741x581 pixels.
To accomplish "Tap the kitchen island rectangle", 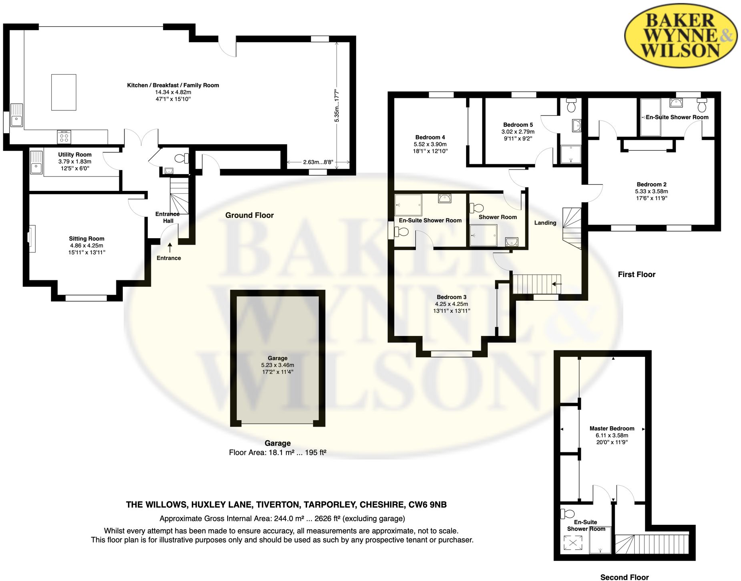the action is [64, 92].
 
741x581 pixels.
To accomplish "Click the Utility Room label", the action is [75, 154].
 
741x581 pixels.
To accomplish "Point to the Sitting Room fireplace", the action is [31, 239].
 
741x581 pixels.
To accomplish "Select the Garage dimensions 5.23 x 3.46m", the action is [278, 365].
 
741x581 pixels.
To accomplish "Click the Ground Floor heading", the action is [249, 215].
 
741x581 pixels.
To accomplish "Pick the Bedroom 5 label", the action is [518, 125].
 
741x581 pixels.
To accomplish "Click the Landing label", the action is [545, 223].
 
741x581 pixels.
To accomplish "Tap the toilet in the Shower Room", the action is [477, 208].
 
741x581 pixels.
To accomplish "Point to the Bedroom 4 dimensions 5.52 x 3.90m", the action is [430, 144].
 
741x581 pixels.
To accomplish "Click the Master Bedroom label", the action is [612, 428].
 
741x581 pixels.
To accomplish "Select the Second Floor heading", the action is [624, 577].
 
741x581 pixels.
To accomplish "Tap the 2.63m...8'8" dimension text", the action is [318, 162].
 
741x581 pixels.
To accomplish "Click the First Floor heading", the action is [636, 275].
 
